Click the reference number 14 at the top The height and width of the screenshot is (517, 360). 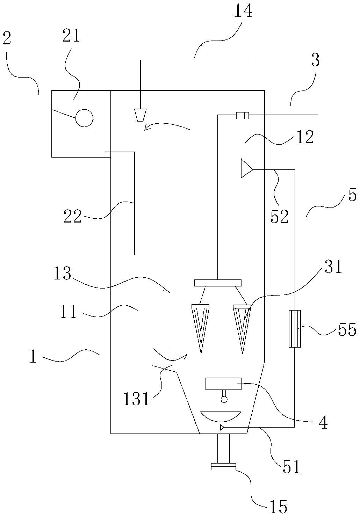click(243, 11)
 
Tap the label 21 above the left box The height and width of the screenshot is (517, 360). click(71, 35)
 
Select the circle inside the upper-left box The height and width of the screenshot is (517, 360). click(84, 118)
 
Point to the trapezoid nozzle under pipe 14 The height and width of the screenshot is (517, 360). click(140, 115)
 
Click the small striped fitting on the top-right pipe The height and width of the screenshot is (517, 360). click(242, 115)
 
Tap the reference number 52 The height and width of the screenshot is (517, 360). click(280, 217)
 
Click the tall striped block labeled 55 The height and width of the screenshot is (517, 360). click(295, 329)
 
